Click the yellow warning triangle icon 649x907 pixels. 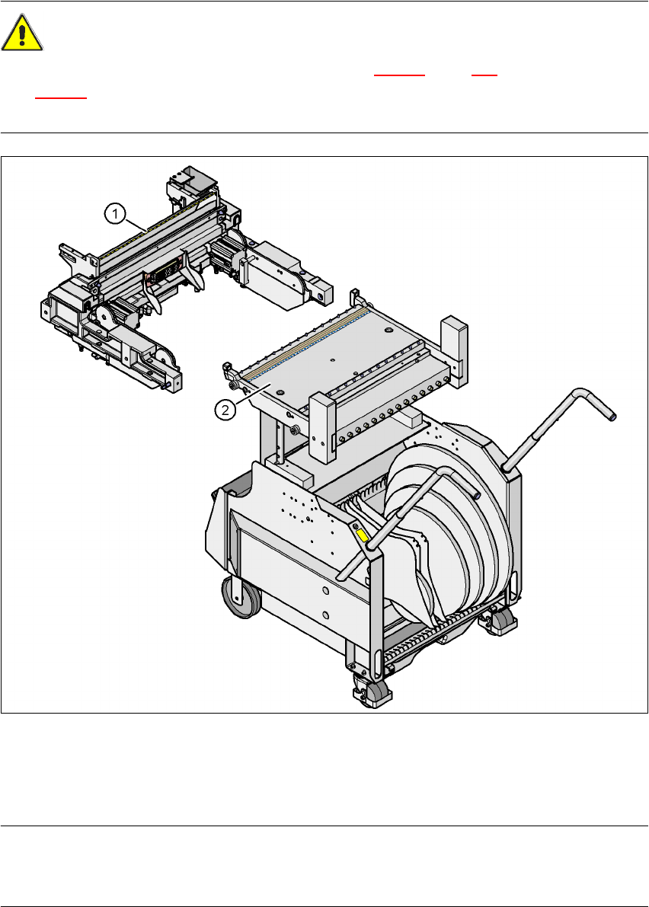pos(21,33)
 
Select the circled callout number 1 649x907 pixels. pos(115,214)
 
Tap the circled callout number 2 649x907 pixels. pos(225,410)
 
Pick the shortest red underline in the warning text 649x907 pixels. pos(484,75)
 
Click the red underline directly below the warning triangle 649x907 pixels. pos(61,98)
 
